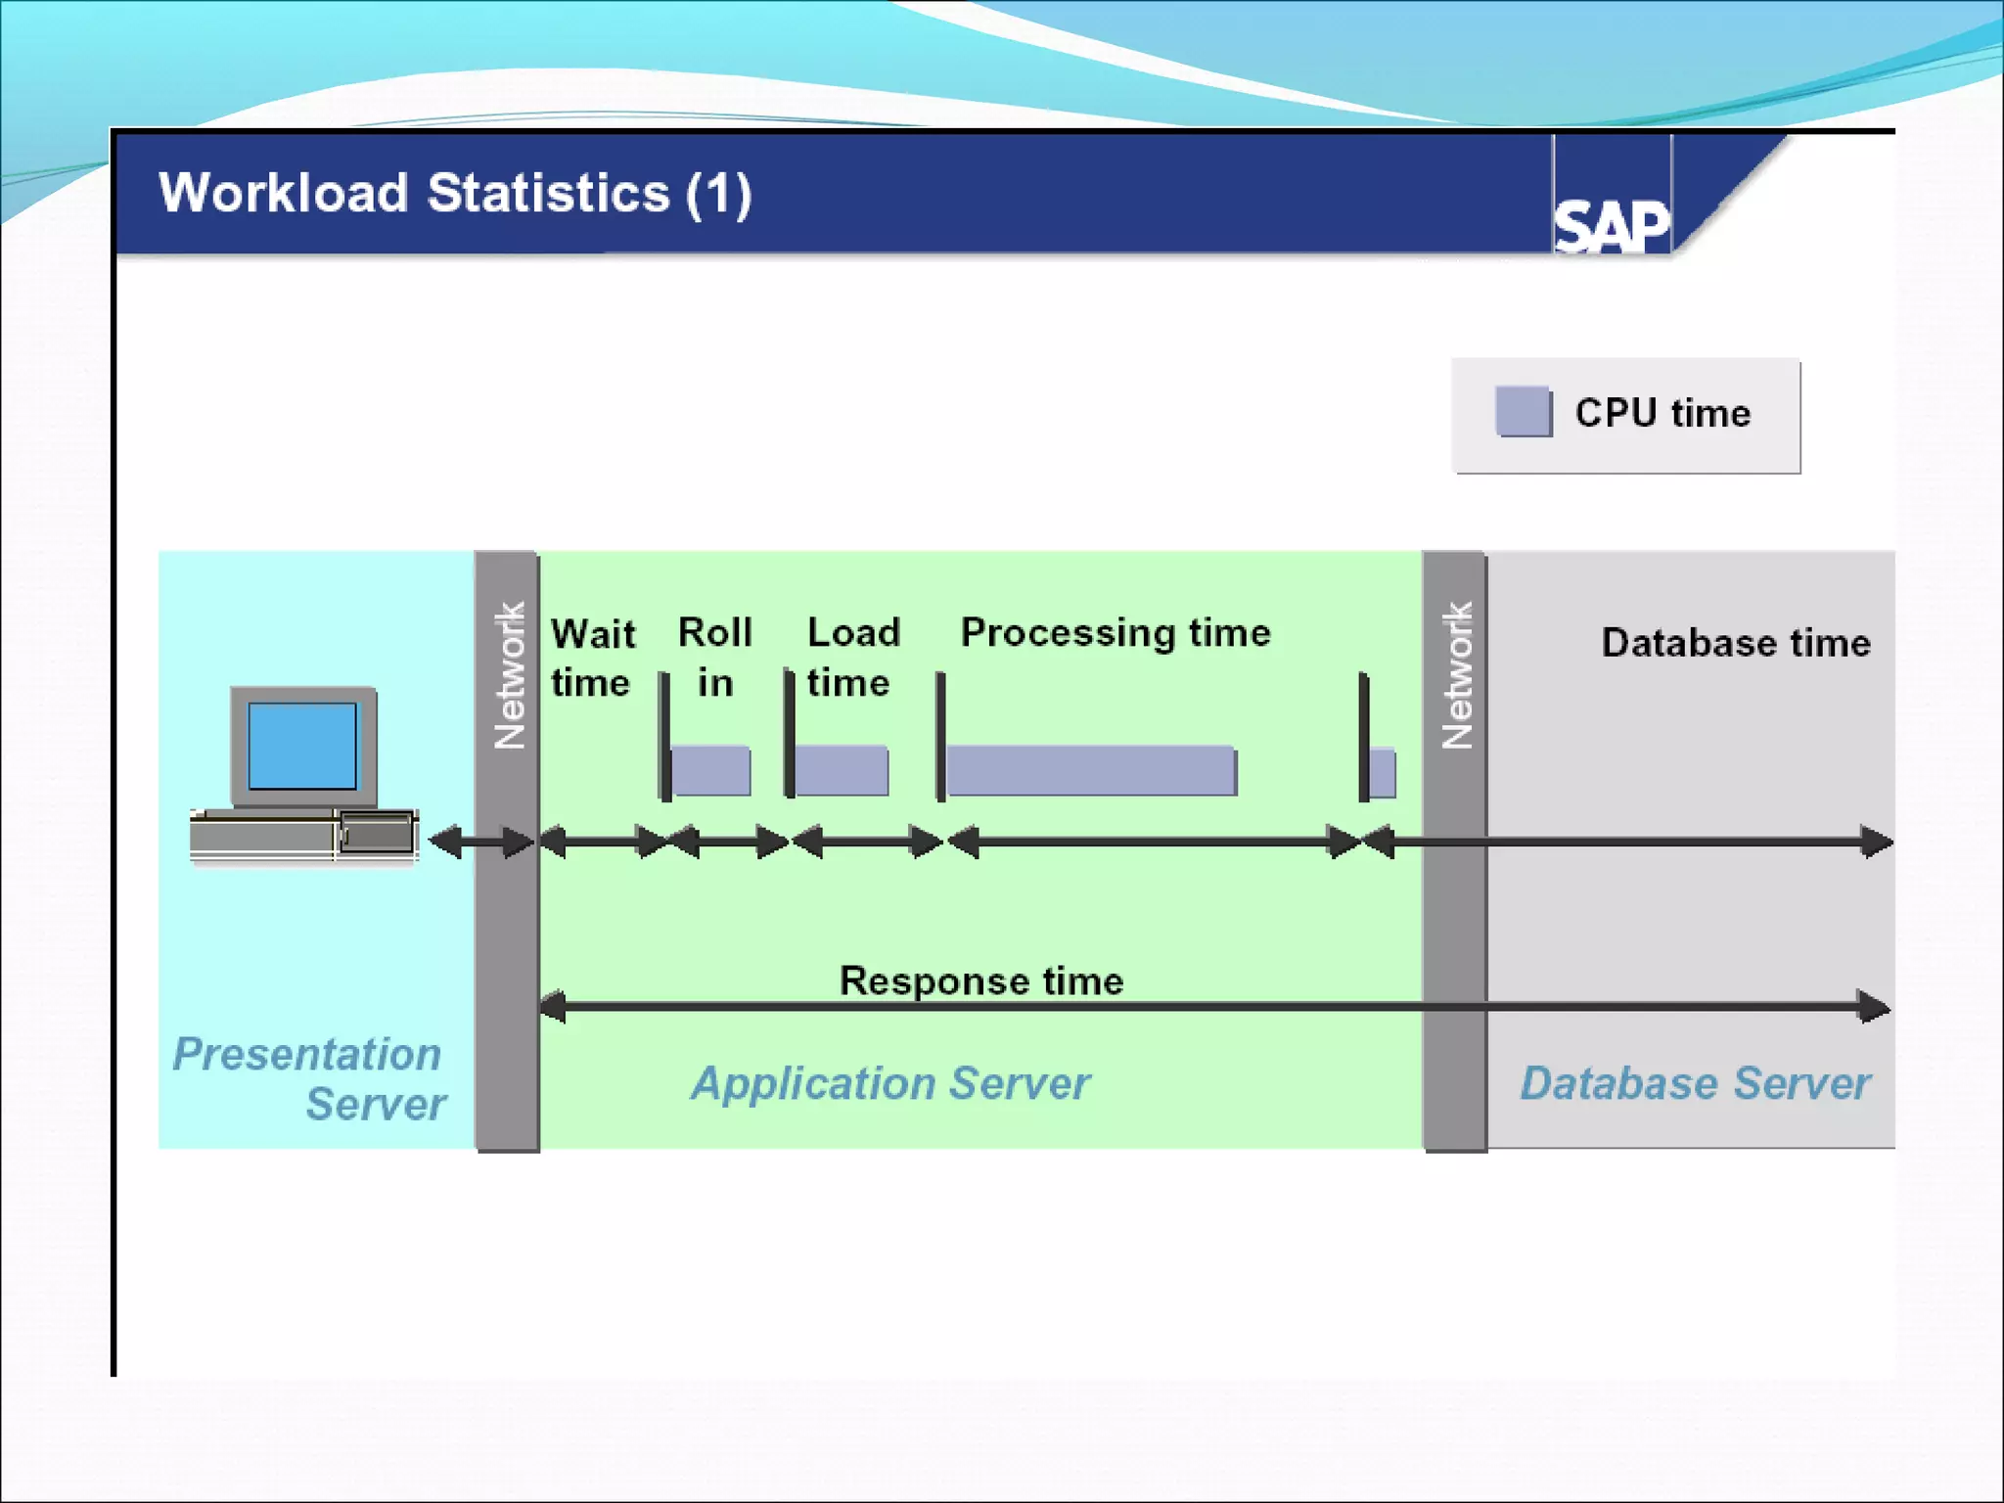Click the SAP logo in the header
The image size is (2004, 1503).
tap(1612, 226)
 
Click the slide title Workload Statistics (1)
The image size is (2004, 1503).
tap(455, 193)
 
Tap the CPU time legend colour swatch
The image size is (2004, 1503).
tap(1523, 412)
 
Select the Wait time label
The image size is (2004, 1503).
tap(592, 658)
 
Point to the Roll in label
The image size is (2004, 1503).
tap(715, 658)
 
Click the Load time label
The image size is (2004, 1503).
tap(852, 658)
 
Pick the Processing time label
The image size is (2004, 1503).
tap(1116, 633)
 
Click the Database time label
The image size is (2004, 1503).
tap(1736, 643)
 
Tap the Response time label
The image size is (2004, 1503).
tap(981, 980)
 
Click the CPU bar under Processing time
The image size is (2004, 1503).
tap(1091, 771)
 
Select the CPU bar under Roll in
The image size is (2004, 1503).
tap(711, 771)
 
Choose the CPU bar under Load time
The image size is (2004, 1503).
tap(842, 771)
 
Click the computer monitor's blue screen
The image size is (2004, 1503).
tap(302, 746)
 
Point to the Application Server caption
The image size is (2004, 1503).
tap(890, 1083)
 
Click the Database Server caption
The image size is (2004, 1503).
tap(1695, 1083)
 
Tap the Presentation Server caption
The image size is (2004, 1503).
tap(309, 1078)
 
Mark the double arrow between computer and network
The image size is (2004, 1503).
tap(481, 842)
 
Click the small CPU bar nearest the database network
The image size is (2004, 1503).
tap(1383, 773)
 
